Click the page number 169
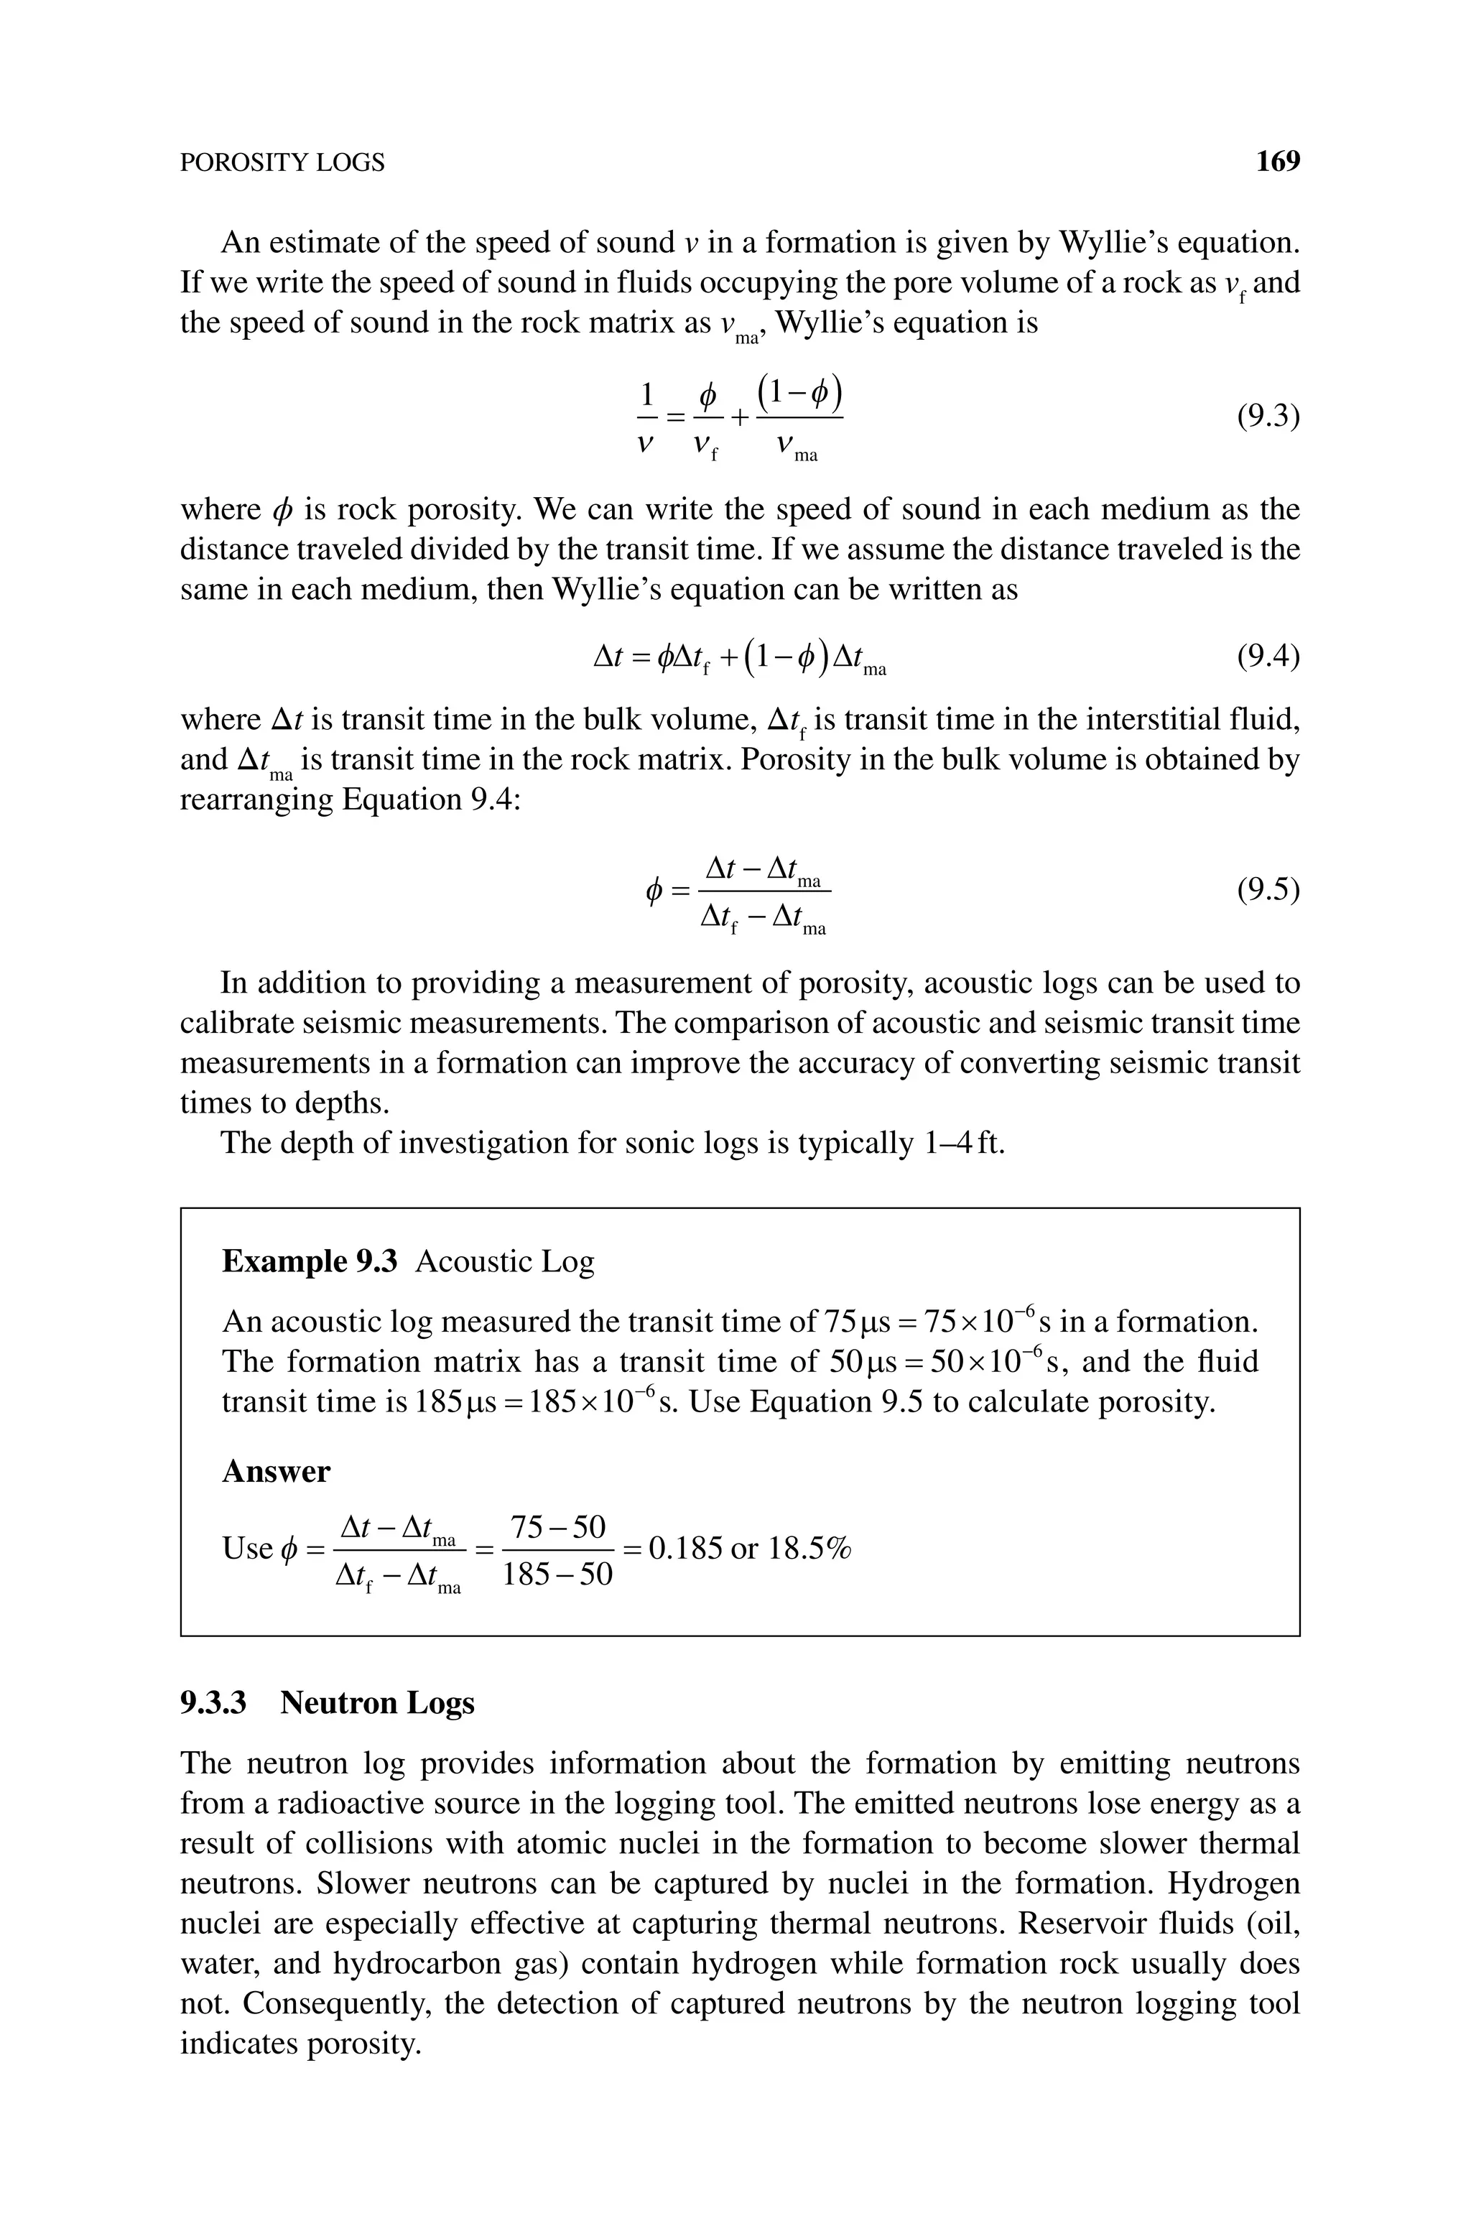tap(1278, 162)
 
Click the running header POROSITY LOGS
tap(282, 163)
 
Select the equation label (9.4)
tap(1268, 657)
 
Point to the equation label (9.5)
tap(1268, 889)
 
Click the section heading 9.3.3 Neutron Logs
tap(328, 1702)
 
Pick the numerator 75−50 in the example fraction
tap(558, 1527)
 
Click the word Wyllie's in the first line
tap(1112, 243)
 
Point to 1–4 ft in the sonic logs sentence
tap(963, 1144)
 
